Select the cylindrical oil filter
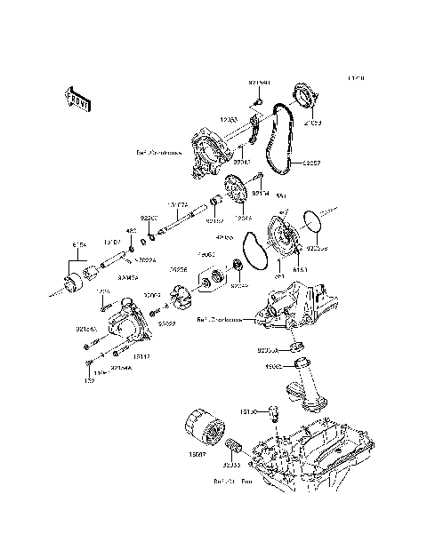pyautogui.click(x=202, y=432)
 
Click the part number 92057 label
pyautogui.click(x=310, y=163)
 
